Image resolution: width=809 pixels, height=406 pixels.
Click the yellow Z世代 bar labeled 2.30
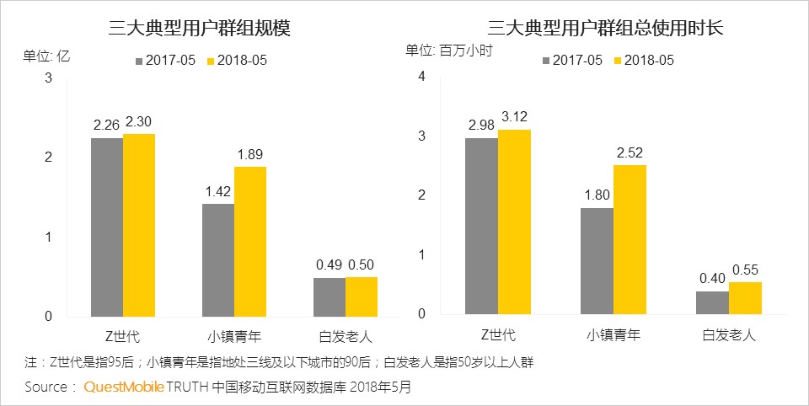tap(139, 225)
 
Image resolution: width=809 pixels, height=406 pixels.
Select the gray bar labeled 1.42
tap(218, 259)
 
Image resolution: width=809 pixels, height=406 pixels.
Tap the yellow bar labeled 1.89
tap(249, 241)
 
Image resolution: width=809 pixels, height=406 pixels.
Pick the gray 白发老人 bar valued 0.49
tap(329, 296)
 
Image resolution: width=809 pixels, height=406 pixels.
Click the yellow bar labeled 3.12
tap(514, 222)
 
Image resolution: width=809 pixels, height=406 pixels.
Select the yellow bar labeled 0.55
tap(745, 298)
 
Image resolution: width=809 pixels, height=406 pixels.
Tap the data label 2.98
tap(481, 126)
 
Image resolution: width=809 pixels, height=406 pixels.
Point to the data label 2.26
tap(107, 125)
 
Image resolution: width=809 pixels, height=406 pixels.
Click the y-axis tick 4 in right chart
tap(423, 77)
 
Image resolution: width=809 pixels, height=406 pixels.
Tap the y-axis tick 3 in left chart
tap(49, 78)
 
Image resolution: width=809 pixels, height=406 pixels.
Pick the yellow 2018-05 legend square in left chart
tap(211, 61)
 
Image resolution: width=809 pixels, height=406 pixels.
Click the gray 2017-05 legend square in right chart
tap(547, 61)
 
